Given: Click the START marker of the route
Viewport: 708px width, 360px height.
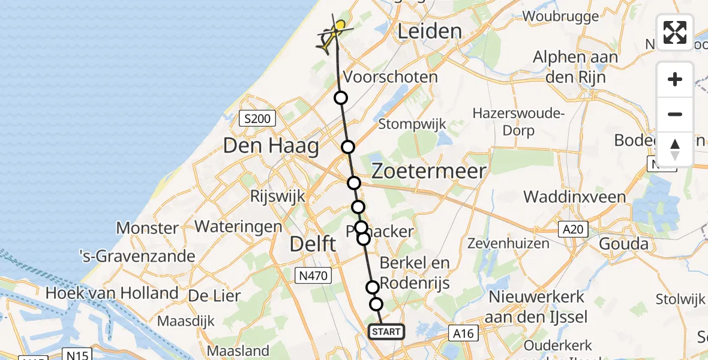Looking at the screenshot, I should click(x=386, y=332).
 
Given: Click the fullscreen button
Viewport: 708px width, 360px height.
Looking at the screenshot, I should click(x=675, y=32).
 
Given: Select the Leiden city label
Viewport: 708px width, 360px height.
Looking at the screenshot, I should click(x=430, y=31).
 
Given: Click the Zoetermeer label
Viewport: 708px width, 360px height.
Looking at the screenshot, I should click(x=428, y=172).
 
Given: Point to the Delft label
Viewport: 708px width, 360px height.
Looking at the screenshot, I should click(x=313, y=244).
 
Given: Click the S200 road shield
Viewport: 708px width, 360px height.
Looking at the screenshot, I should click(x=257, y=119).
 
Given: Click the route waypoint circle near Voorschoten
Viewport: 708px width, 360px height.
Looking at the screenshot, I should click(x=341, y=98).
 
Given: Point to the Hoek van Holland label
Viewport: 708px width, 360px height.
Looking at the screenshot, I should click(x=112, y=293).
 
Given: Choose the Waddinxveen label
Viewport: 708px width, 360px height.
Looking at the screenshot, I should click(x=574, y=197).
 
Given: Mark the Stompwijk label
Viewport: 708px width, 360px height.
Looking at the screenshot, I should click(x=412, y=124).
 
